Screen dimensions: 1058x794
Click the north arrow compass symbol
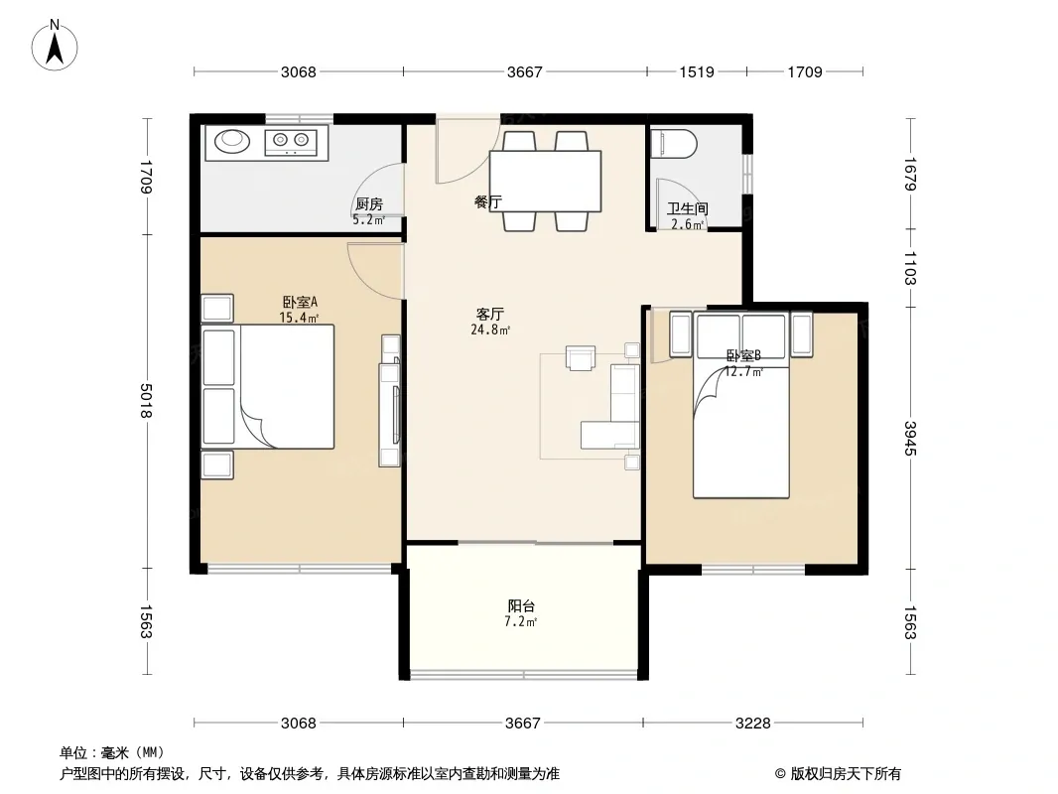[55, 46]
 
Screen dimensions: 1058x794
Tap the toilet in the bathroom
[673, 144]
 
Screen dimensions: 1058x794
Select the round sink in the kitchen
[233, 140]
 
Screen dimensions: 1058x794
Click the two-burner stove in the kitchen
[291, 141]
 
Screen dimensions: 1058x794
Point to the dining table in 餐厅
[545, 182]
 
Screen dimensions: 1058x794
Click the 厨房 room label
[369, 203]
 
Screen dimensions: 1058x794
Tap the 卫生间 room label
[688, 209]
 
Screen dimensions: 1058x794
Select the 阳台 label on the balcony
[521, 606]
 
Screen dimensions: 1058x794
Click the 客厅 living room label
[490, 315]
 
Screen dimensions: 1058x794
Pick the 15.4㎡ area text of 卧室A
[299, 318]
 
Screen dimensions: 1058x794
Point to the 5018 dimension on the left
[146, 401]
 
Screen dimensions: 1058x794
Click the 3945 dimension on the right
[911, 439]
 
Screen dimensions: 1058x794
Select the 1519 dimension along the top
[697, 72]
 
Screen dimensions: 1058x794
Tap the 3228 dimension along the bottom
[753, 724]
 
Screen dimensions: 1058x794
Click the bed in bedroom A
[268, 386]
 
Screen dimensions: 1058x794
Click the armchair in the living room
[581, 358]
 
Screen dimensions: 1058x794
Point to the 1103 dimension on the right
[911, 268]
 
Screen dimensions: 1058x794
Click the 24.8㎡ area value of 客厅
[490, 330]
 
